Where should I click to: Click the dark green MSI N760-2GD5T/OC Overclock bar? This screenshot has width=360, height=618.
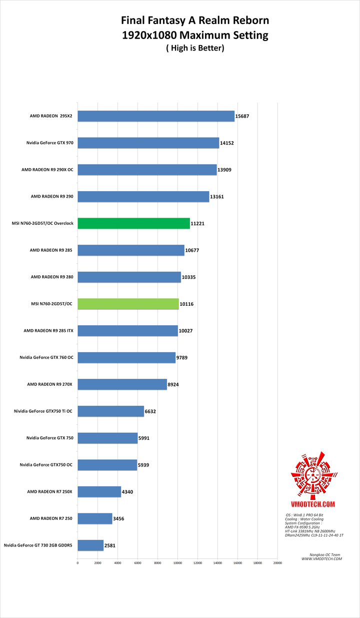133,223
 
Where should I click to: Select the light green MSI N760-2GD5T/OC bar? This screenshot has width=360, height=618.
128,304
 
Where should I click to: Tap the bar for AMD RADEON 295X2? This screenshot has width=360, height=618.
156,116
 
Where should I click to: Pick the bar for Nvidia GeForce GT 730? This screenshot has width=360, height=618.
90,545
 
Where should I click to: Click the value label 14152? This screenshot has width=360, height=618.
227,143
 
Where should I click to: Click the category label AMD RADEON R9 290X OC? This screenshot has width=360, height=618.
47,170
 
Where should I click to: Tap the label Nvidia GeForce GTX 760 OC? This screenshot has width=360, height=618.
46,357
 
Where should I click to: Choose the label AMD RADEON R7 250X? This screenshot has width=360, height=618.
49,491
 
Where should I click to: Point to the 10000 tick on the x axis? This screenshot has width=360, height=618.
177,563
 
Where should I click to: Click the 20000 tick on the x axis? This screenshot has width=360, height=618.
277,563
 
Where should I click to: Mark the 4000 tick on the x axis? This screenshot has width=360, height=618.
117,563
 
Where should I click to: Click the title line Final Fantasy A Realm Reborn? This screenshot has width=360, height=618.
195,21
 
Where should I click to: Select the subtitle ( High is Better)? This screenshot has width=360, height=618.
195,48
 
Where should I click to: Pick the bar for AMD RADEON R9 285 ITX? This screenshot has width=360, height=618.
127,331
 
